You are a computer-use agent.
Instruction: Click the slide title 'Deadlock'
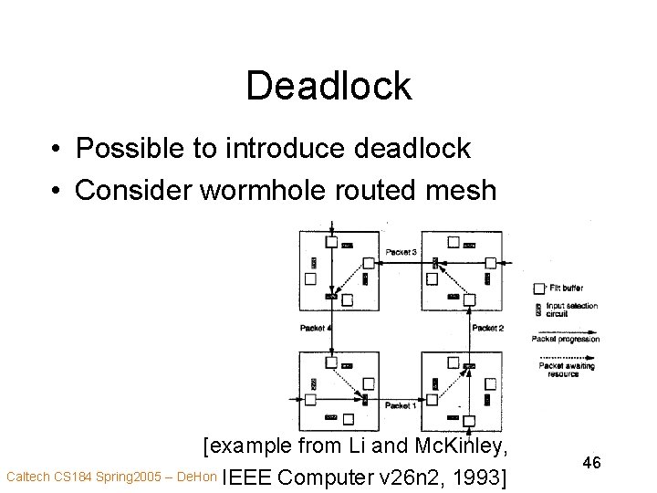(x=328, y=86)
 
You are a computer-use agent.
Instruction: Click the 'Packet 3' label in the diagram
(x=402, y=251)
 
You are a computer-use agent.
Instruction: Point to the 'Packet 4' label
(x=314, y=327)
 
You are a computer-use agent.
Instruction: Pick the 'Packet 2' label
(x=487, y=327)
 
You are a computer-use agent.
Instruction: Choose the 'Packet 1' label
(x=401, y=404)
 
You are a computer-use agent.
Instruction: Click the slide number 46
(x=590, y=463)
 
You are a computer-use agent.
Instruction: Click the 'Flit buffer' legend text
(x=567, y=288)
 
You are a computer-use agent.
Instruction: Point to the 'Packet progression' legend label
(x=567, y=340)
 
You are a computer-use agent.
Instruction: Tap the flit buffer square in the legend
(x=538, y=288)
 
